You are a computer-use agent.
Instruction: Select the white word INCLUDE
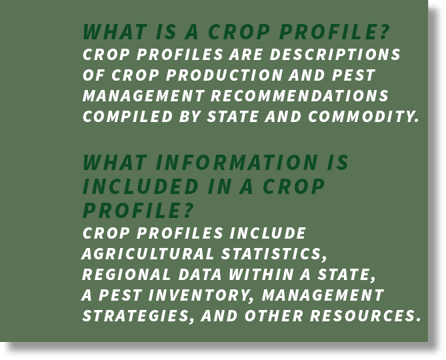pyautogui.click(x=267, y=233)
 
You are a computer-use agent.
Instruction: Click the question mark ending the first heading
pyautogui.click(x=385, y=32)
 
